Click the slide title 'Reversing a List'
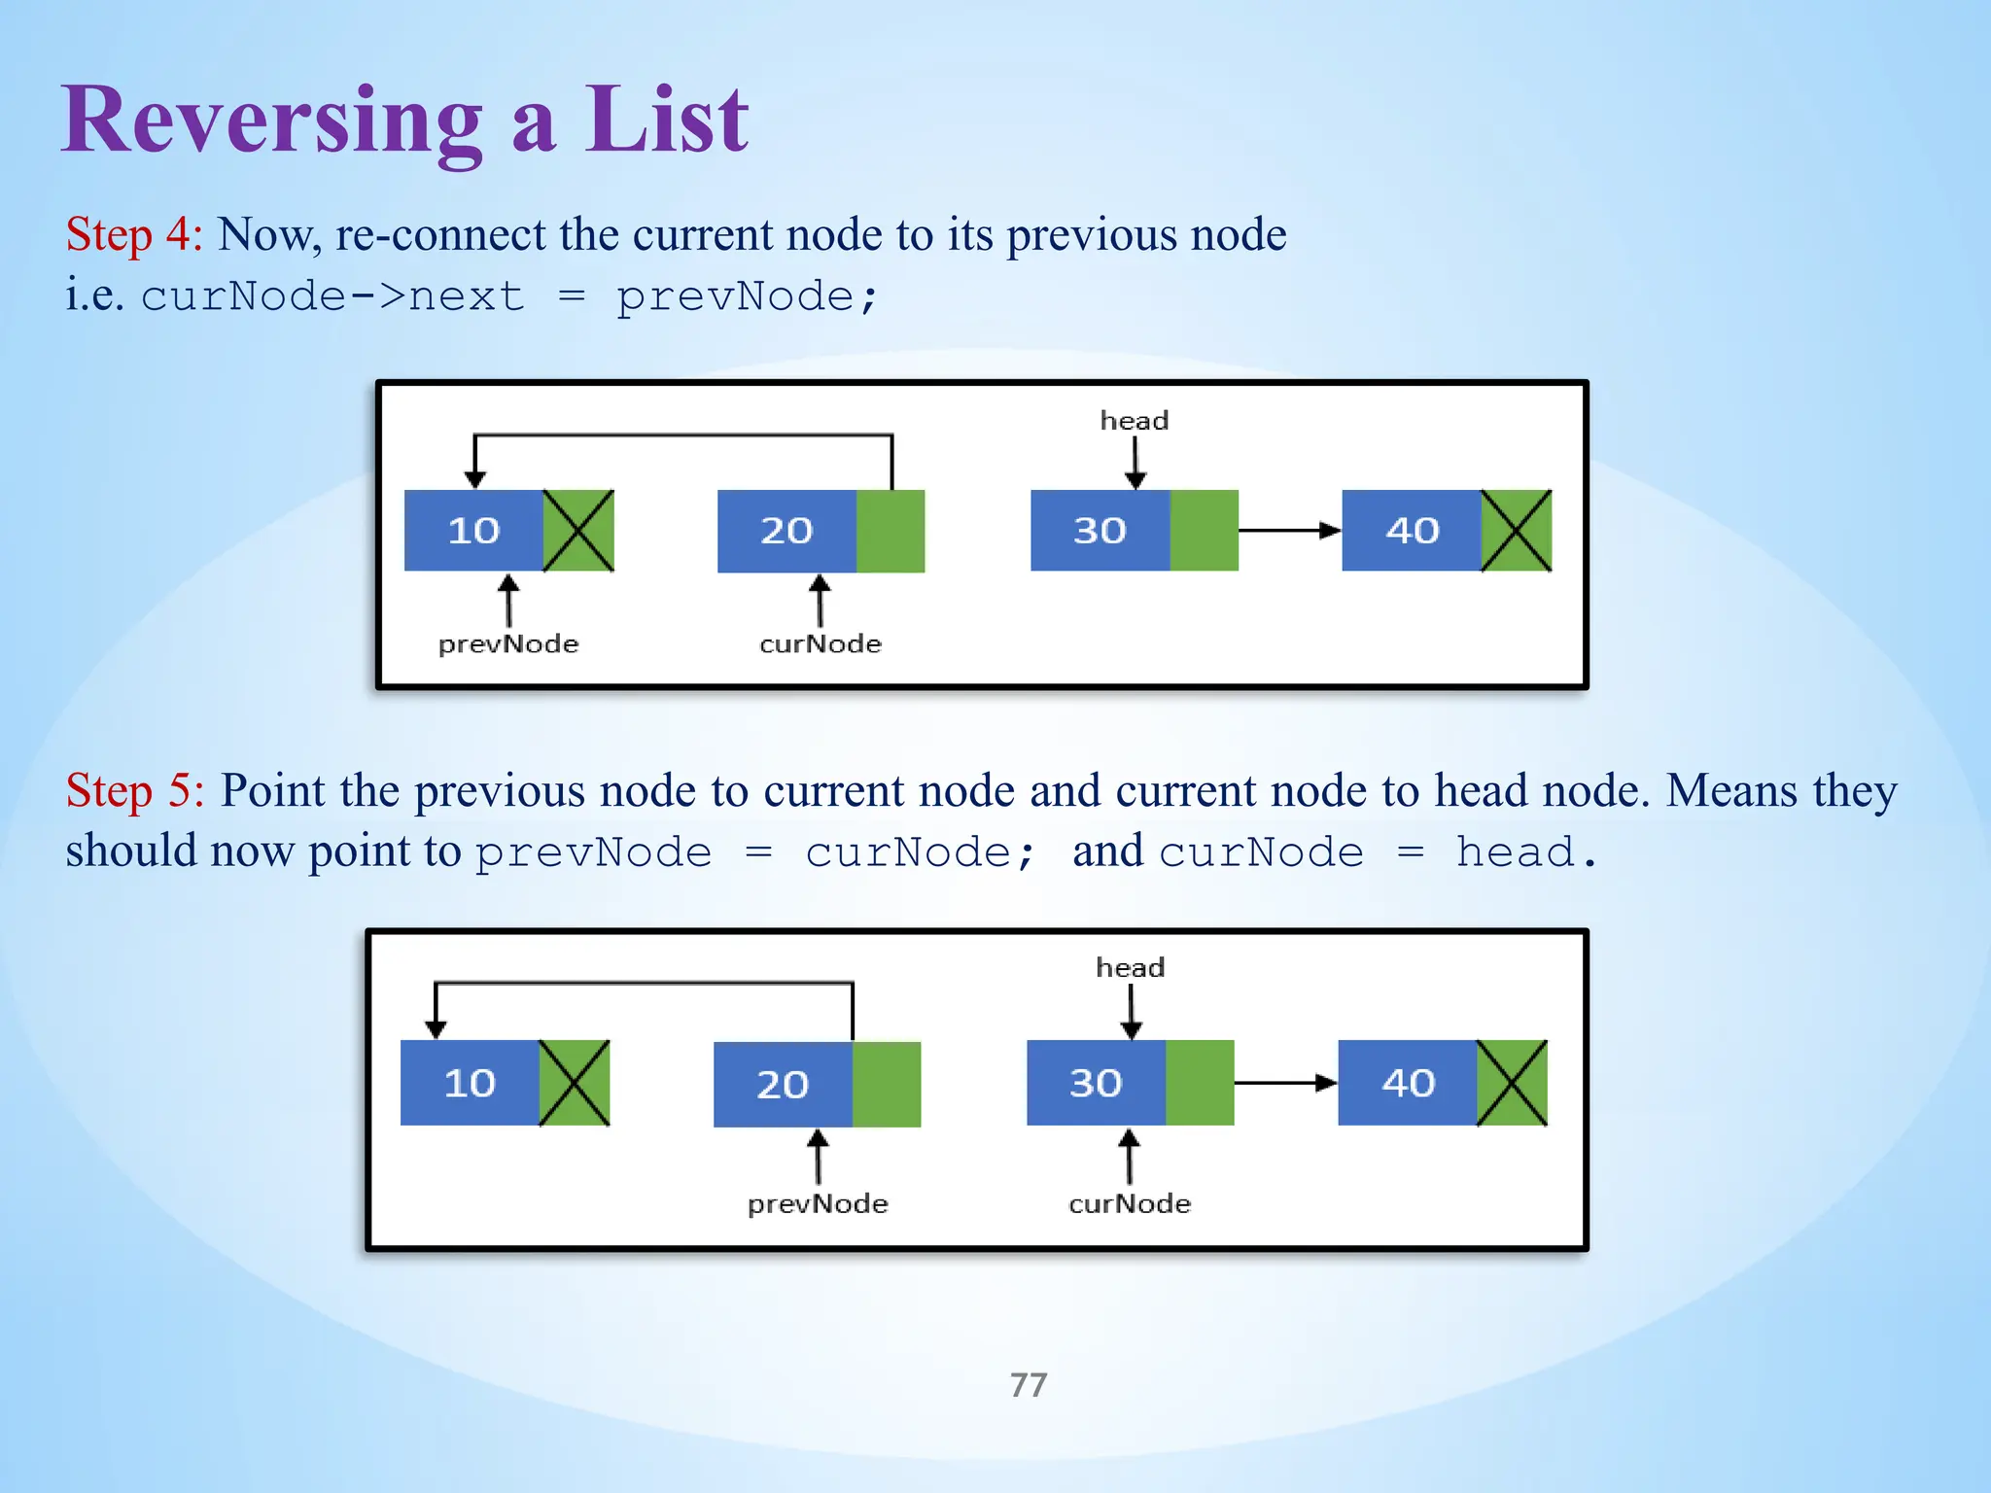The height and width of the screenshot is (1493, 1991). click(x=404, y=121)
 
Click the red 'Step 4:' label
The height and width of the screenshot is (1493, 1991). click(x=133, y=234)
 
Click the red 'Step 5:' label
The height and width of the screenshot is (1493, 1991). click(x=134, y=790)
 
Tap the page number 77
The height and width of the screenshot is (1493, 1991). click(x=1029, y=1384)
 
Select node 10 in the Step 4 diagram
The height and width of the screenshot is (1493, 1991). click(x=473, y=531)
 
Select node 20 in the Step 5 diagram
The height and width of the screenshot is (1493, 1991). click(x=783, y=1084)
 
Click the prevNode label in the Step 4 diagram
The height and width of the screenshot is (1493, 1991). click(x=508, y=643)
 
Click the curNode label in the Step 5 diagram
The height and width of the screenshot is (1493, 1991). click(x=1129, y=1203)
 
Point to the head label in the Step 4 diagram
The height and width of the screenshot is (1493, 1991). click(x=1134, y=421)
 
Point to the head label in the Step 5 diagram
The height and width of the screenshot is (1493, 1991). click(x=1130, y=968)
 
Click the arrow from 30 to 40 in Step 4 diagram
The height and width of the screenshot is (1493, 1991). click(x=1289, y=531)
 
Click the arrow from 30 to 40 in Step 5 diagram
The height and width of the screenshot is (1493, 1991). click(x=1285, y=1083)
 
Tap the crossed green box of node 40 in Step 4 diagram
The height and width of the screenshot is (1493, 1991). click(x=1516, y=531)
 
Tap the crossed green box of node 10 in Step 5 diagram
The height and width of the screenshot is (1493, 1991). click(x=575, y=1083)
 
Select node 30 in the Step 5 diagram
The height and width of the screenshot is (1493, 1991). click(x=1096, y=1083)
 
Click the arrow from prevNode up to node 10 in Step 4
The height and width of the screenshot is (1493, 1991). click(x=508, y=600)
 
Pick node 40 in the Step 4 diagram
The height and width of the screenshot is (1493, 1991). click(x=1412, y=531)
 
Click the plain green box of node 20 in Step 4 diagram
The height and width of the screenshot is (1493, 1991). click(x=890, y=531)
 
